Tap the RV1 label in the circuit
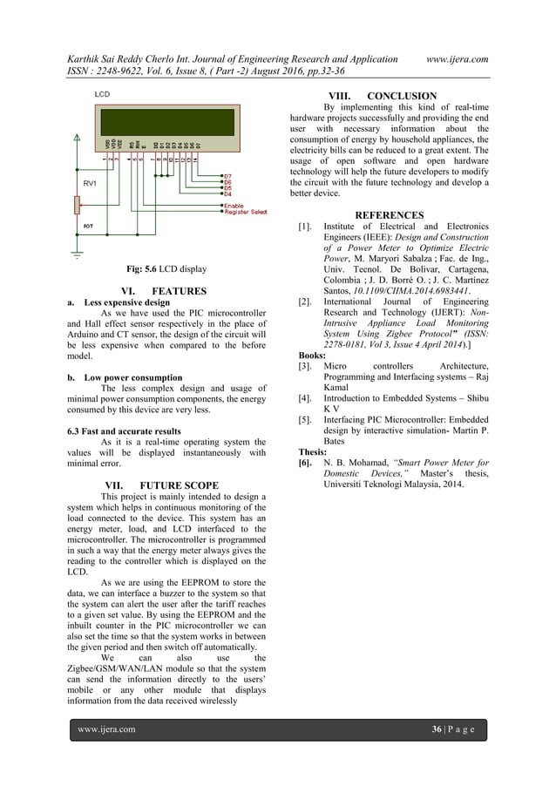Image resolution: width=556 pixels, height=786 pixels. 91,184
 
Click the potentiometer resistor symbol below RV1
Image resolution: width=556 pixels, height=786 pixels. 78,205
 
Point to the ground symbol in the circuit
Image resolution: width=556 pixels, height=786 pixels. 78,255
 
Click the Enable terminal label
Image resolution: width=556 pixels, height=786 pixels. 234,206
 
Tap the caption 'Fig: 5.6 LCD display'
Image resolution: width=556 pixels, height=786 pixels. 166,269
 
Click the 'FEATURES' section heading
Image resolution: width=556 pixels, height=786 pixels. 179,291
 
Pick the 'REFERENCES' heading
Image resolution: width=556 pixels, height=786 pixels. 390,215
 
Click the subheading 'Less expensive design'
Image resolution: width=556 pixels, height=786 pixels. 127,303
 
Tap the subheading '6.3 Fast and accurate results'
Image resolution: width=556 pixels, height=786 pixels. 124,431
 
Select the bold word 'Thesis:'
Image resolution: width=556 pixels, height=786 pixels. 313,451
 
